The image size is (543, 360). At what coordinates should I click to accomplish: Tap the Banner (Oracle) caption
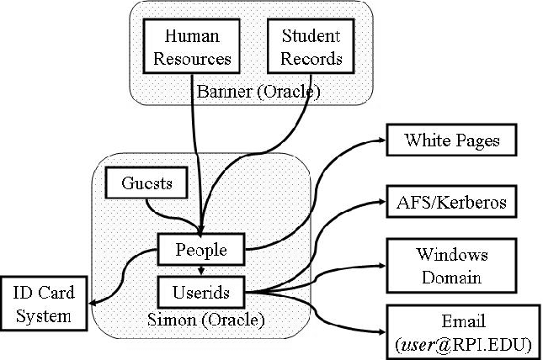[x=257, y=91]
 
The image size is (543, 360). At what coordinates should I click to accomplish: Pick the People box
[x=202, y=249]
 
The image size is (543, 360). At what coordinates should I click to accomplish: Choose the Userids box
[x=202, y=292]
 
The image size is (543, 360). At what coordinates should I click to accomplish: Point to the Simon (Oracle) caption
[x=204, y=320]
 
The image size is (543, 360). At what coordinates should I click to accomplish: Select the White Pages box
[x=452, y=140]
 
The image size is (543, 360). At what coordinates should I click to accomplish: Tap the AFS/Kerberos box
[x=452, y=202]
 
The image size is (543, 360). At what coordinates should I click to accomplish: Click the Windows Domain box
[x=452, y=265]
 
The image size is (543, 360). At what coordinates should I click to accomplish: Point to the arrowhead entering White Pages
[x=381, y=140]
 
